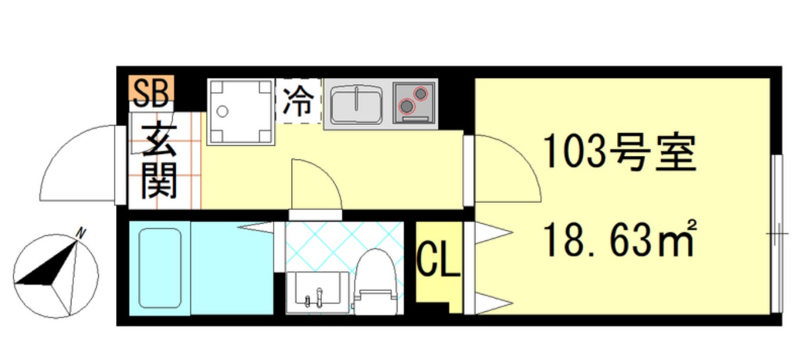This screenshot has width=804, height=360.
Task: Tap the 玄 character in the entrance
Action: click(x=159, y=140)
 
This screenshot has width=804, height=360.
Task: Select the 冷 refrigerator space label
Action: click(x=298, y=101)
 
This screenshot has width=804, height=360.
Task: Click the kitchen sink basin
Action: click(x=355, y=105)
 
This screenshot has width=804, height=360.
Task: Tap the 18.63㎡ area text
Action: click(x=620, y=237)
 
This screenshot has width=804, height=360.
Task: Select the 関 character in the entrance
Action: click(x=159, y=180)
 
